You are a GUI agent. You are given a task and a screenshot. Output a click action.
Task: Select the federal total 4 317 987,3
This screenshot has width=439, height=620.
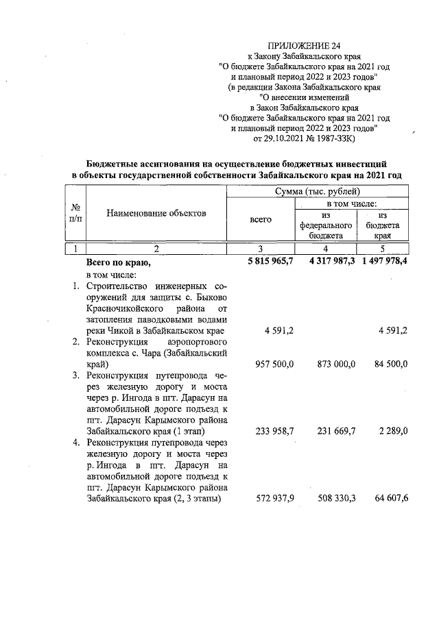(x=326, y=262)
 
